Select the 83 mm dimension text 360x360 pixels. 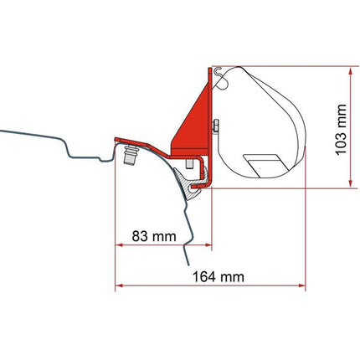153,236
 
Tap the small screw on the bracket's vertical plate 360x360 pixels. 215,126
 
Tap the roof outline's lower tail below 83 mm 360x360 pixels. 201,243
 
